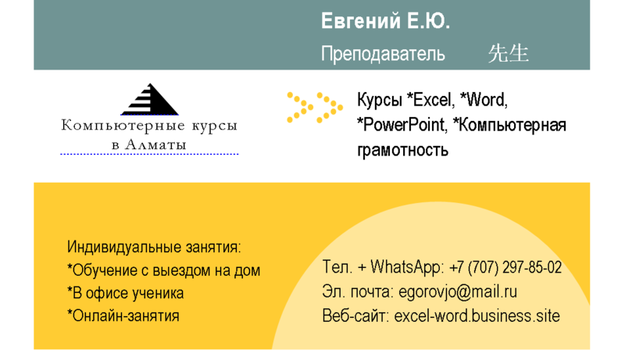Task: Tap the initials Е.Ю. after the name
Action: pyautogui.click(x=427, y=22)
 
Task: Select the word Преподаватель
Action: pyautogui.click(x=383, y=54)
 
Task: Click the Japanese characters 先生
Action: pyautogui.click(x=509, y=53)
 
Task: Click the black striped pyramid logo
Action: pyautogui.click(x=149, y=100)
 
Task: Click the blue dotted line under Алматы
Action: pyautogui.click(x=149, y=155)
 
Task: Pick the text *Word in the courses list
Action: pyautogui.click(x=484, y=100)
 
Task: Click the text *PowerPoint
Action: pyautogui.click(x=402, y=125)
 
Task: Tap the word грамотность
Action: pyautogui.click(x=403, y=149)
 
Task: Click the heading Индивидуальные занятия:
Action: pyautogui.click(x=155, y=247)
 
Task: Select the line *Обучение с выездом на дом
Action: pyautogui.click(x=164, y=270)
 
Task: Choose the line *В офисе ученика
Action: pyautogui.click(x=126, y=293)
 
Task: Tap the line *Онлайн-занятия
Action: pyautogui.click(x=123, y=315)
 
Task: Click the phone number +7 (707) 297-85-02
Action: pyautogui.click(x=505, y=267)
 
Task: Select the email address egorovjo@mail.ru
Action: pyautogui.click(x=458, y=292)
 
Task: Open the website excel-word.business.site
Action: pyautogui.click(x=477, y=316)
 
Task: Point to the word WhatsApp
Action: pyautogui.click(x=406, y=267)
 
